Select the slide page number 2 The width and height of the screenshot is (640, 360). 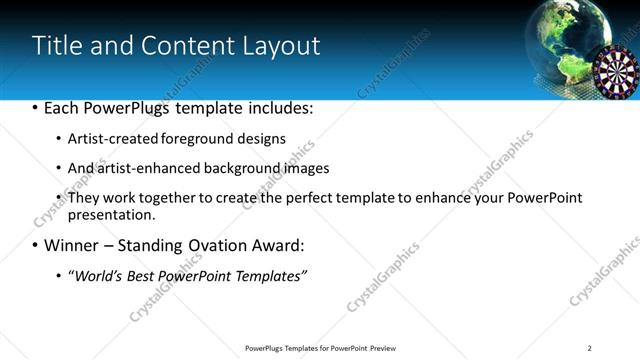coord(590,348)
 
